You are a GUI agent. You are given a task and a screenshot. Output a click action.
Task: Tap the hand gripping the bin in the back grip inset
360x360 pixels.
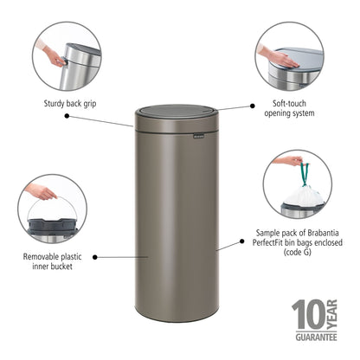click(53, 56)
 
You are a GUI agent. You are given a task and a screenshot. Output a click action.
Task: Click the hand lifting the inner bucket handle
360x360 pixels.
click(41, 191)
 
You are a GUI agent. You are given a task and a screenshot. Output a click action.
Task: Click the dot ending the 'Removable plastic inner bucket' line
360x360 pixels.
click(93, 256)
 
